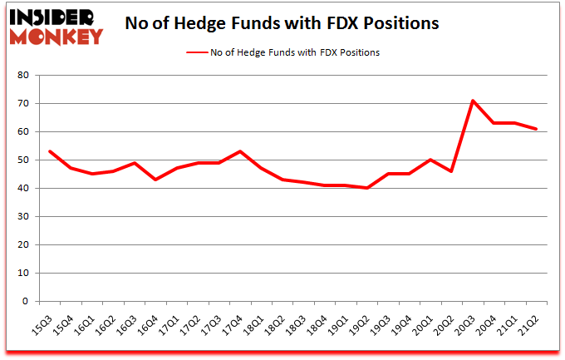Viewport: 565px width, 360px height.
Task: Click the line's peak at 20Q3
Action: tap(473, 101)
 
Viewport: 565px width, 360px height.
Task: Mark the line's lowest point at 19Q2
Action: tap(366, 188)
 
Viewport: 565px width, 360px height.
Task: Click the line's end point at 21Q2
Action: tap(537, 129)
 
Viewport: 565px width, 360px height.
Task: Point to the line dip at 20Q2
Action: tap(451, 171)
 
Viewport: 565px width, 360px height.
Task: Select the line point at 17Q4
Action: tap(239, 151)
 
